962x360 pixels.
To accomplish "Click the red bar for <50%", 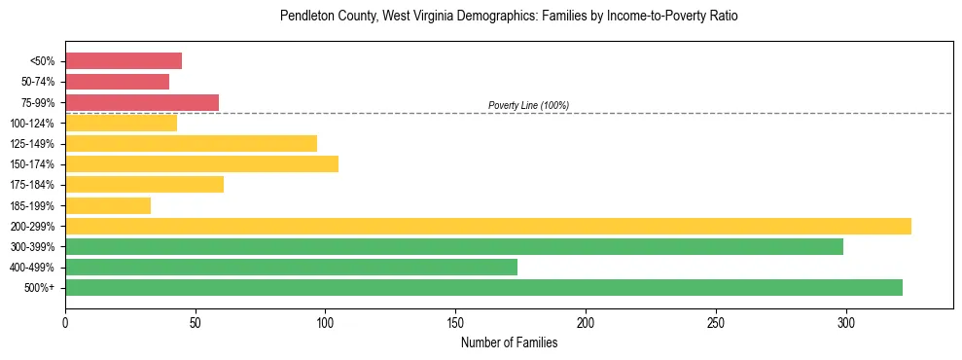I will point(124,61).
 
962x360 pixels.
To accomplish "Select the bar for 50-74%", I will point(117,82).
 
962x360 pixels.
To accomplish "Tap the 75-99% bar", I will point(142,102).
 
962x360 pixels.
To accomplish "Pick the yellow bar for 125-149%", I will point(191,143).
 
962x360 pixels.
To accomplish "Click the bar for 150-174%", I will point(201,163).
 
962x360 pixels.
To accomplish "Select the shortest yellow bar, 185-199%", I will point(108,205).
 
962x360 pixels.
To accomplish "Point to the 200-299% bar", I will point(487,226).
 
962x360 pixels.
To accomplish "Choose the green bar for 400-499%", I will point(291,267).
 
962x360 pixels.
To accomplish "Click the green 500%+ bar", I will point(483,287).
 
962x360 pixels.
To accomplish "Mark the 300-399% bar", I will point(453,246).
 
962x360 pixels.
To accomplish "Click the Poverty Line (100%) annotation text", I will point(528,105).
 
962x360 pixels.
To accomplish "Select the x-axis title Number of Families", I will point(509,342).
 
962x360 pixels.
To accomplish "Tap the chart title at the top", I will point(508,17).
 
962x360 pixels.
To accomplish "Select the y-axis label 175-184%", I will point(32,185).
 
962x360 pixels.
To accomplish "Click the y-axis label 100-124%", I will point(32,124).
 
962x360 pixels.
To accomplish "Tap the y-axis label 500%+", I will point(41,288).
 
